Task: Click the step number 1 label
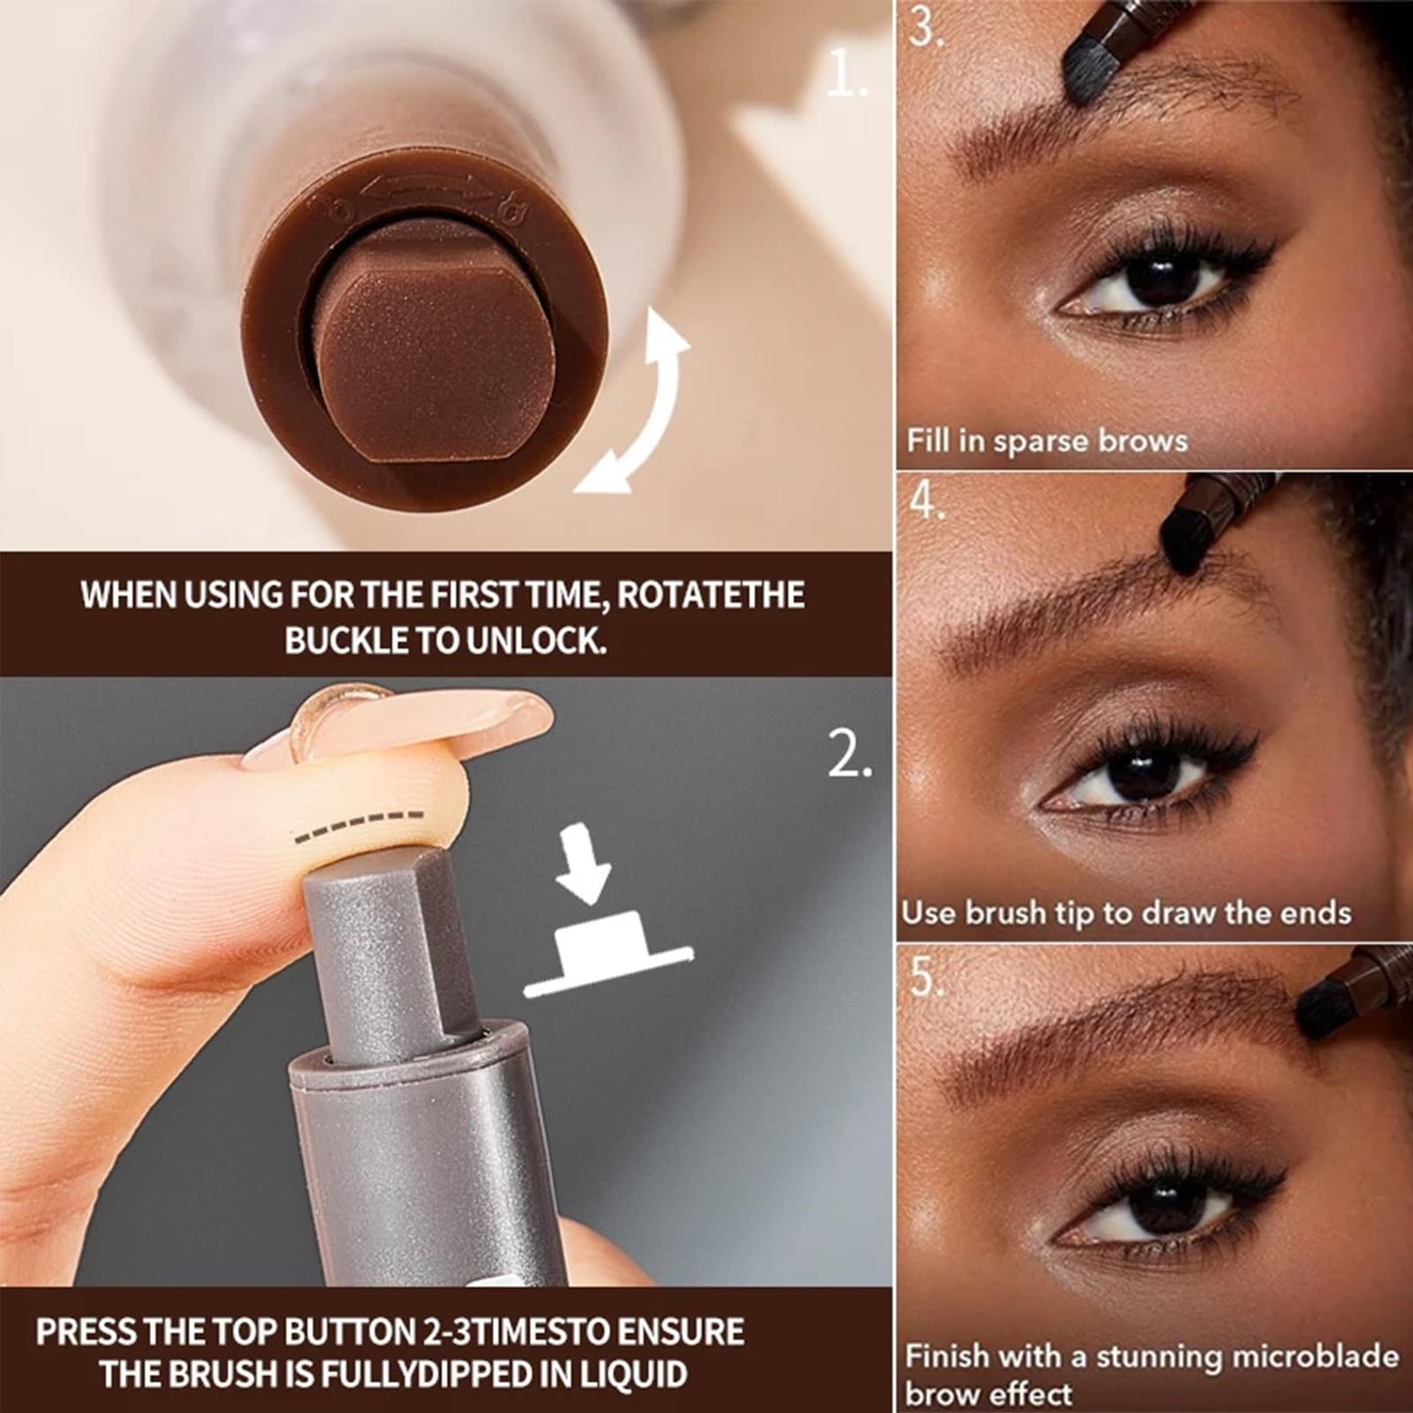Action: click(846, 76)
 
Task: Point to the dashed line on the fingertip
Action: click(360, 825)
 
